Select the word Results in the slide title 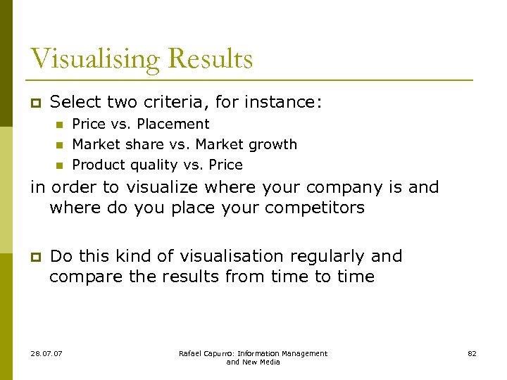(213, 59)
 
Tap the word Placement (173, 125)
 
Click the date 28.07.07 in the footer (46, 353)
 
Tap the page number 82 (472, 353)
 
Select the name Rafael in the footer (190, 353)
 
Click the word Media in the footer (268, 362)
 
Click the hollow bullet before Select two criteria (34, 103)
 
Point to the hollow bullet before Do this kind (34, 256)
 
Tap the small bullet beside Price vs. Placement (59, 125)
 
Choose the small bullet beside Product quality (59, 166)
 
